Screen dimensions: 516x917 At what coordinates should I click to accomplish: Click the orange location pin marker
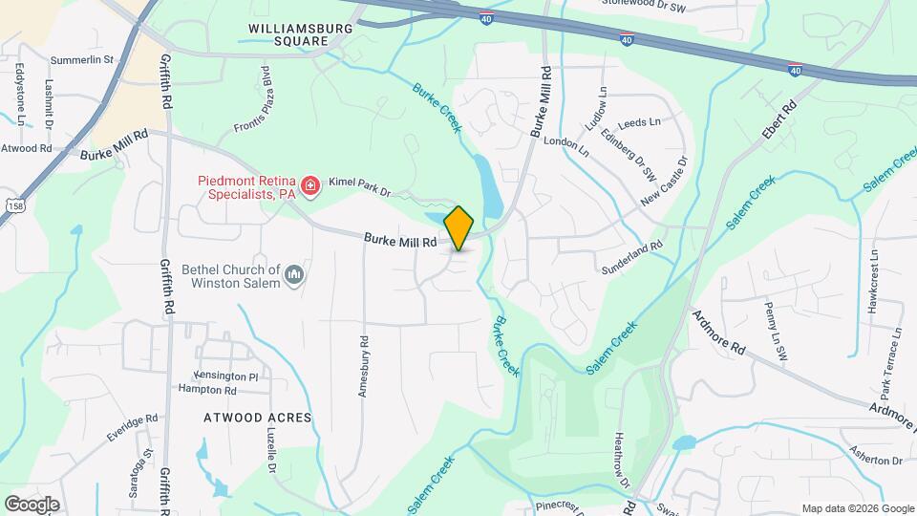click(459, 227)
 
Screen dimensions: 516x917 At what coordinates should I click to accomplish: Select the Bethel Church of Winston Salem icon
click(294, 276)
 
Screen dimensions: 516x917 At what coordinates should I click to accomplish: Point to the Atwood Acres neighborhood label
click(258, 418)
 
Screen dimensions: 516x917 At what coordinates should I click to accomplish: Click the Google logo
click(32, 504)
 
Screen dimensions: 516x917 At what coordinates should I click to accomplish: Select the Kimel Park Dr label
click(360, 186)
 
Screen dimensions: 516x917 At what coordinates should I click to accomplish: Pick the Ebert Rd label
click(778, 121)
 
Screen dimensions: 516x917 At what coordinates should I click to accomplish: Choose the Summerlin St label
click(81, 59)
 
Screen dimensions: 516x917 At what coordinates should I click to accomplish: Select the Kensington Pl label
click(225, 376)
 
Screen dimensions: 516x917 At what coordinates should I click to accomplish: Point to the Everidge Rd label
click(132, 427)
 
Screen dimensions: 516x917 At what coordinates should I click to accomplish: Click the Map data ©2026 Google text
click(858, 508)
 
